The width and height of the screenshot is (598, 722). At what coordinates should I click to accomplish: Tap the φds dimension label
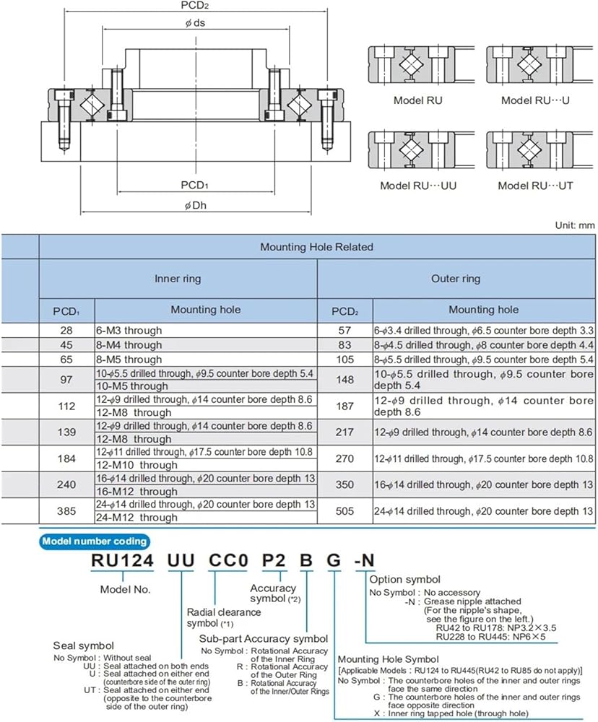click(x=194, y=23)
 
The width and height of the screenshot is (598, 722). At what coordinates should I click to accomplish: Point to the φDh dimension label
click(x=196, y=205)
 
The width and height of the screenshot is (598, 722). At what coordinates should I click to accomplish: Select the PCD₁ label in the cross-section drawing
click(x=195, y=186)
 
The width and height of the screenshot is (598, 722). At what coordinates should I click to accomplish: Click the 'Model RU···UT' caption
click(x=535, y=186)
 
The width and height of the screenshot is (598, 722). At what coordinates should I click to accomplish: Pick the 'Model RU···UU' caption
click(x=418, y=186)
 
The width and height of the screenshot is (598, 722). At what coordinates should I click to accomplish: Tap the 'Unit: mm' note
click(x=574, y=225)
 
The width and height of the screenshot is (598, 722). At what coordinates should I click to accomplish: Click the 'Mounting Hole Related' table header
click(x=316, y=247)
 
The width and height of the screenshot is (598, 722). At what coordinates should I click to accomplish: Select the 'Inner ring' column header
click(x=178, y=279)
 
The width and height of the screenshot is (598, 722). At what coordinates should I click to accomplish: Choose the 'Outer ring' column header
click(x=455, y=279)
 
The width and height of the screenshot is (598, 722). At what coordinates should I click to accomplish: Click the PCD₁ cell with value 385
click(x=66, y=510)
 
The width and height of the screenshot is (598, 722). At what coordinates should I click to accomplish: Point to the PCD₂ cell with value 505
click(x=345, y=510)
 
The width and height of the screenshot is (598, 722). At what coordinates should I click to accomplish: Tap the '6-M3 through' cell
click(x=129, y=331)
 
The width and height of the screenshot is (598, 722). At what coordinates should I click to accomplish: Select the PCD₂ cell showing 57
click(x=345, y=331)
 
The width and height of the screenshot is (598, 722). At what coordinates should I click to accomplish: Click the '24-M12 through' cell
click(x=136, y=518)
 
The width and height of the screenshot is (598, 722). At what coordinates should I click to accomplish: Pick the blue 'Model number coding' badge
click(x=95, y=541)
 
